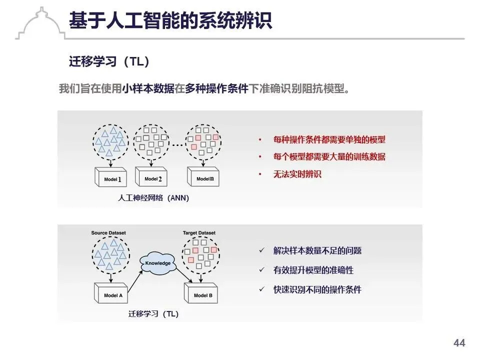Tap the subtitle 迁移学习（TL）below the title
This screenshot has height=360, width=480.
[109, 61]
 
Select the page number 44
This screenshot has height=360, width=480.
[459, 343]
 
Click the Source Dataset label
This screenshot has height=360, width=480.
[109, 233]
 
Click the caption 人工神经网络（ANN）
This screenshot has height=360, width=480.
[153, 198]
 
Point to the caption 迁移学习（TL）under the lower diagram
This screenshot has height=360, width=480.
[153, 314]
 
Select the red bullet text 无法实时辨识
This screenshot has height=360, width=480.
[297, 174]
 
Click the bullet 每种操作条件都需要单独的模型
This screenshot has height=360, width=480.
[329, 140]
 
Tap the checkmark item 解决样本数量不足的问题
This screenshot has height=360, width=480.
[317, 251]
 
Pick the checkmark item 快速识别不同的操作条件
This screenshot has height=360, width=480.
[317, 289]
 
